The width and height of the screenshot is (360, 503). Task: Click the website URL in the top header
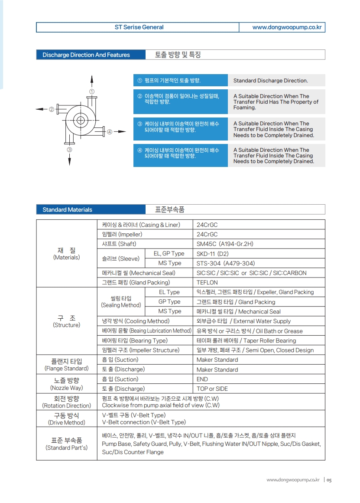click(x=287, y=27)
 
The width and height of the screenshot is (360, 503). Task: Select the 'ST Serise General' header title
click(x=139, y=27)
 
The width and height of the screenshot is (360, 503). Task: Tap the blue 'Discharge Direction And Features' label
click(x=86, y=55)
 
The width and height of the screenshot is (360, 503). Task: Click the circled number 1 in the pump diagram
click(x=92, y=91)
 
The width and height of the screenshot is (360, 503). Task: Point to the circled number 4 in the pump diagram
click(x=110, y=132)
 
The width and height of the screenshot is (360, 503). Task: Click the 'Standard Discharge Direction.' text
click(x=270, y=81)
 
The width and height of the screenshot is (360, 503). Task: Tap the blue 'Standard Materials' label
click(x=67, y=210)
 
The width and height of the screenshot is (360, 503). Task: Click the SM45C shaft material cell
click(x=225, y=244)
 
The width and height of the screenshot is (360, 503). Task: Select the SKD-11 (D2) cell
click(x=212, y=254)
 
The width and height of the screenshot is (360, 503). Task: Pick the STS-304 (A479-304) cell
click(x=226, y=263)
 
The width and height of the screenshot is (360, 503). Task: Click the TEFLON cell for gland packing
click(x=207, y=283)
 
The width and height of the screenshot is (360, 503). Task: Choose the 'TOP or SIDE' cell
click(x=212, y=389)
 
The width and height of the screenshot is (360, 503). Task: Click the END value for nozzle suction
click(x=202, y=379)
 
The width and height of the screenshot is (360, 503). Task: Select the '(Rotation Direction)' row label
click(x=66, y=406)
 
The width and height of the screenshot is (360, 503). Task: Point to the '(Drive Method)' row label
click(x=66, y=422)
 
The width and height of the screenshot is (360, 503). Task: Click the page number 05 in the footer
click(x=329, y=480)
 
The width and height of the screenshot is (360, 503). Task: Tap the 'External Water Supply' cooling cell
click(x=243, y=321)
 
